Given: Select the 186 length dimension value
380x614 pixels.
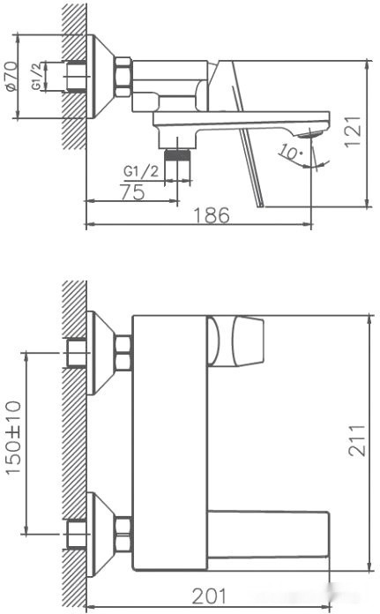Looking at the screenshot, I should (x=212, y=213).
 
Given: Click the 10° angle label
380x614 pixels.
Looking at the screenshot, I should (x=288, y=151).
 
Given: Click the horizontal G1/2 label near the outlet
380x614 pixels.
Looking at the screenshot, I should (x=141, y=170).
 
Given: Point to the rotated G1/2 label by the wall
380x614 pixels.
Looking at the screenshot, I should (x=38, y=77).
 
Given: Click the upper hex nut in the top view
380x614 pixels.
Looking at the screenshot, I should (x=123, y=353).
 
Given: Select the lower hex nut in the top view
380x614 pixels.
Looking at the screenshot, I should (x=123, y=535).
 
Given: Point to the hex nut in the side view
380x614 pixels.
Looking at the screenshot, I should (x=123, y=77).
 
